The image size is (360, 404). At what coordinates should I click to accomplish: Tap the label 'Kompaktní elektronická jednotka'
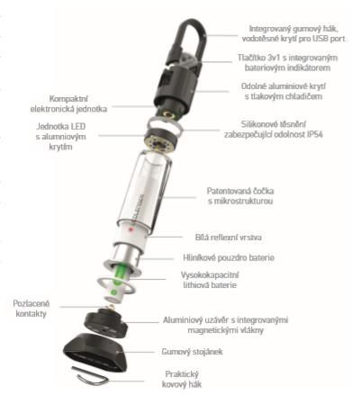point(68,103)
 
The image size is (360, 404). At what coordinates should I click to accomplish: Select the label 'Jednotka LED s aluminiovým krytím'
point(60,137)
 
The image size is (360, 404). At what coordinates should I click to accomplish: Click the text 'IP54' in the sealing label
point(315,134)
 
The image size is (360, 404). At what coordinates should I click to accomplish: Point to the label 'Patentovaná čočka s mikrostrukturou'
point(240,196)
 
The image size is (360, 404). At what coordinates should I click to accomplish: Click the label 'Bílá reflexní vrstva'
point(229,238)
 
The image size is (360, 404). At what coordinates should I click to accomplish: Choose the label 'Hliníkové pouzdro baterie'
point(229,257)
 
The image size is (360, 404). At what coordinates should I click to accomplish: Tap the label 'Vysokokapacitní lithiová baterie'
point(210,280)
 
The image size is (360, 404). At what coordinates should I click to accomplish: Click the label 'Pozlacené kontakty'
point(31,309)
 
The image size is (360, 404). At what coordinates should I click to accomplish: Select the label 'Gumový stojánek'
point(192,351)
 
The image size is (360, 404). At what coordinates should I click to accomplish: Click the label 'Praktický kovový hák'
point(182,379)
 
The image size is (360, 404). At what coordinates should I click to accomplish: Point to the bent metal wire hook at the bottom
point(90,376)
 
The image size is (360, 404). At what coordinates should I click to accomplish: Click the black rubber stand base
point(94,353)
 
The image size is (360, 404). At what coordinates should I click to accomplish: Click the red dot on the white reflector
point(130,229)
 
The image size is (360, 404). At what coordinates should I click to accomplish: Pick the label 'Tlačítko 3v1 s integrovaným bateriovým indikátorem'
point(288,62)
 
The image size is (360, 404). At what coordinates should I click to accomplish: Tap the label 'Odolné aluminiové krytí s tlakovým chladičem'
point(283,91)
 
